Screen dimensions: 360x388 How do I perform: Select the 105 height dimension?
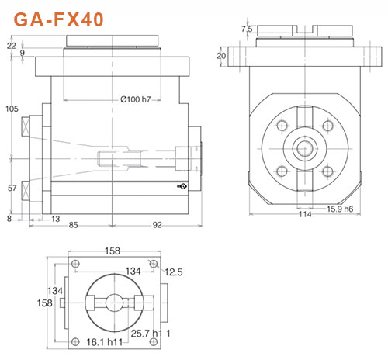coord(11,108)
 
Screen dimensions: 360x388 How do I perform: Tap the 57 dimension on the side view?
coord(11,189)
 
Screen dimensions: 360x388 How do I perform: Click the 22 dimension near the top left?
coord(10,46)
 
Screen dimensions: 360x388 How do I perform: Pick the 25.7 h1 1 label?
coord(152,334)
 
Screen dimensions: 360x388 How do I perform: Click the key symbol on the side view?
coord(181,186)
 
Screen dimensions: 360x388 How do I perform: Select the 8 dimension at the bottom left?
coord(9,219)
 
